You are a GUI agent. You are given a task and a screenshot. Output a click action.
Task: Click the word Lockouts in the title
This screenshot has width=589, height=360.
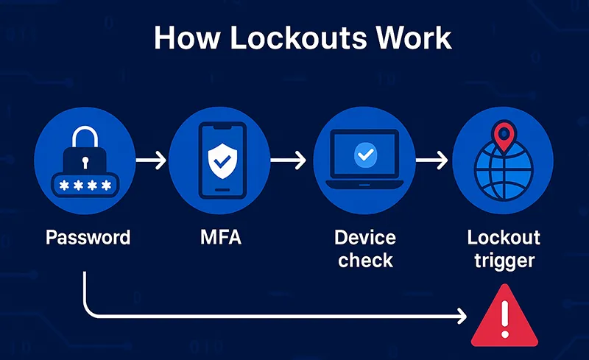click(x=289, y=38)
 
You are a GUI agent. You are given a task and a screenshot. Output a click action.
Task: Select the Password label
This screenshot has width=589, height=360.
click(x=88, y=238)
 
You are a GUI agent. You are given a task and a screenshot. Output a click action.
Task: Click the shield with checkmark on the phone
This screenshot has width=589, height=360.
click(x=222, y=160)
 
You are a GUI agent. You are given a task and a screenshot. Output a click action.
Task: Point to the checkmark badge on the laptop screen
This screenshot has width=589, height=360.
click(x=364, y=154)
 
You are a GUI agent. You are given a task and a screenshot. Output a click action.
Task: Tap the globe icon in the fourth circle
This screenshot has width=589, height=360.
click(x=504, y=174)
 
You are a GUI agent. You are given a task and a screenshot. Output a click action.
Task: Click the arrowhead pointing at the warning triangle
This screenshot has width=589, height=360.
click(x=462, y=317)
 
